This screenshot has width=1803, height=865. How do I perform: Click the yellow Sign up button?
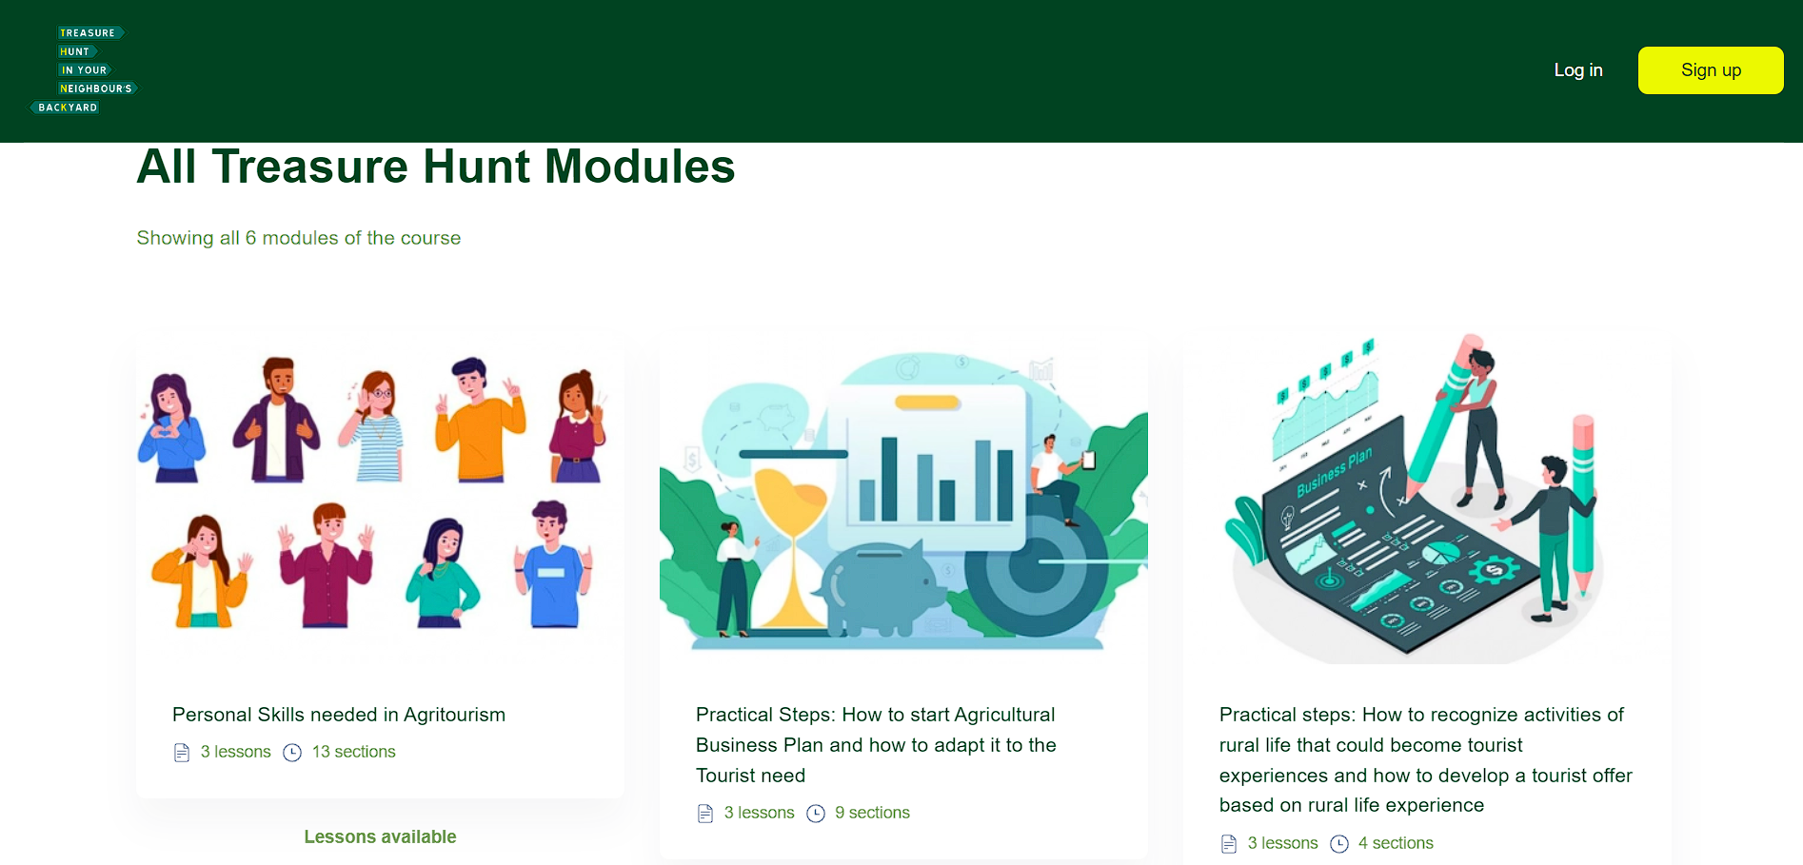(1711, 70)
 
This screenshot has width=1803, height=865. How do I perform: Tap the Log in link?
(1578, 70)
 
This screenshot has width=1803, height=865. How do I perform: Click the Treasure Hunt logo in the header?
(84, 70)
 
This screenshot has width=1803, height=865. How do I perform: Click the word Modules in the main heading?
(640, 167)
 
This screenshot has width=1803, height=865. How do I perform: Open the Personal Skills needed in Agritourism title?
(339, 715)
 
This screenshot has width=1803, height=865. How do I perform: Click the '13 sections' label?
(353, 752)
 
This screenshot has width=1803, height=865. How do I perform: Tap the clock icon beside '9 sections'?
(816, 814)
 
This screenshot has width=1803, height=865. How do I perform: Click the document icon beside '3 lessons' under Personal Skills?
(182, 753)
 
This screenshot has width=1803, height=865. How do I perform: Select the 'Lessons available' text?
(380, 836)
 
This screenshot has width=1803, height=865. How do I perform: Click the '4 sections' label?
(1396, 843)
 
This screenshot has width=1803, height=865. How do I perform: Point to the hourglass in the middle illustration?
(791, 542)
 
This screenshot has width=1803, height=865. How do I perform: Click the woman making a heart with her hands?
(171, 428)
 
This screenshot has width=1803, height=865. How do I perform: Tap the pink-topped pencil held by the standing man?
(1583, 504)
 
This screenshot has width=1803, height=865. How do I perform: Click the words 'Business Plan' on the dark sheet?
(1335, 472)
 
